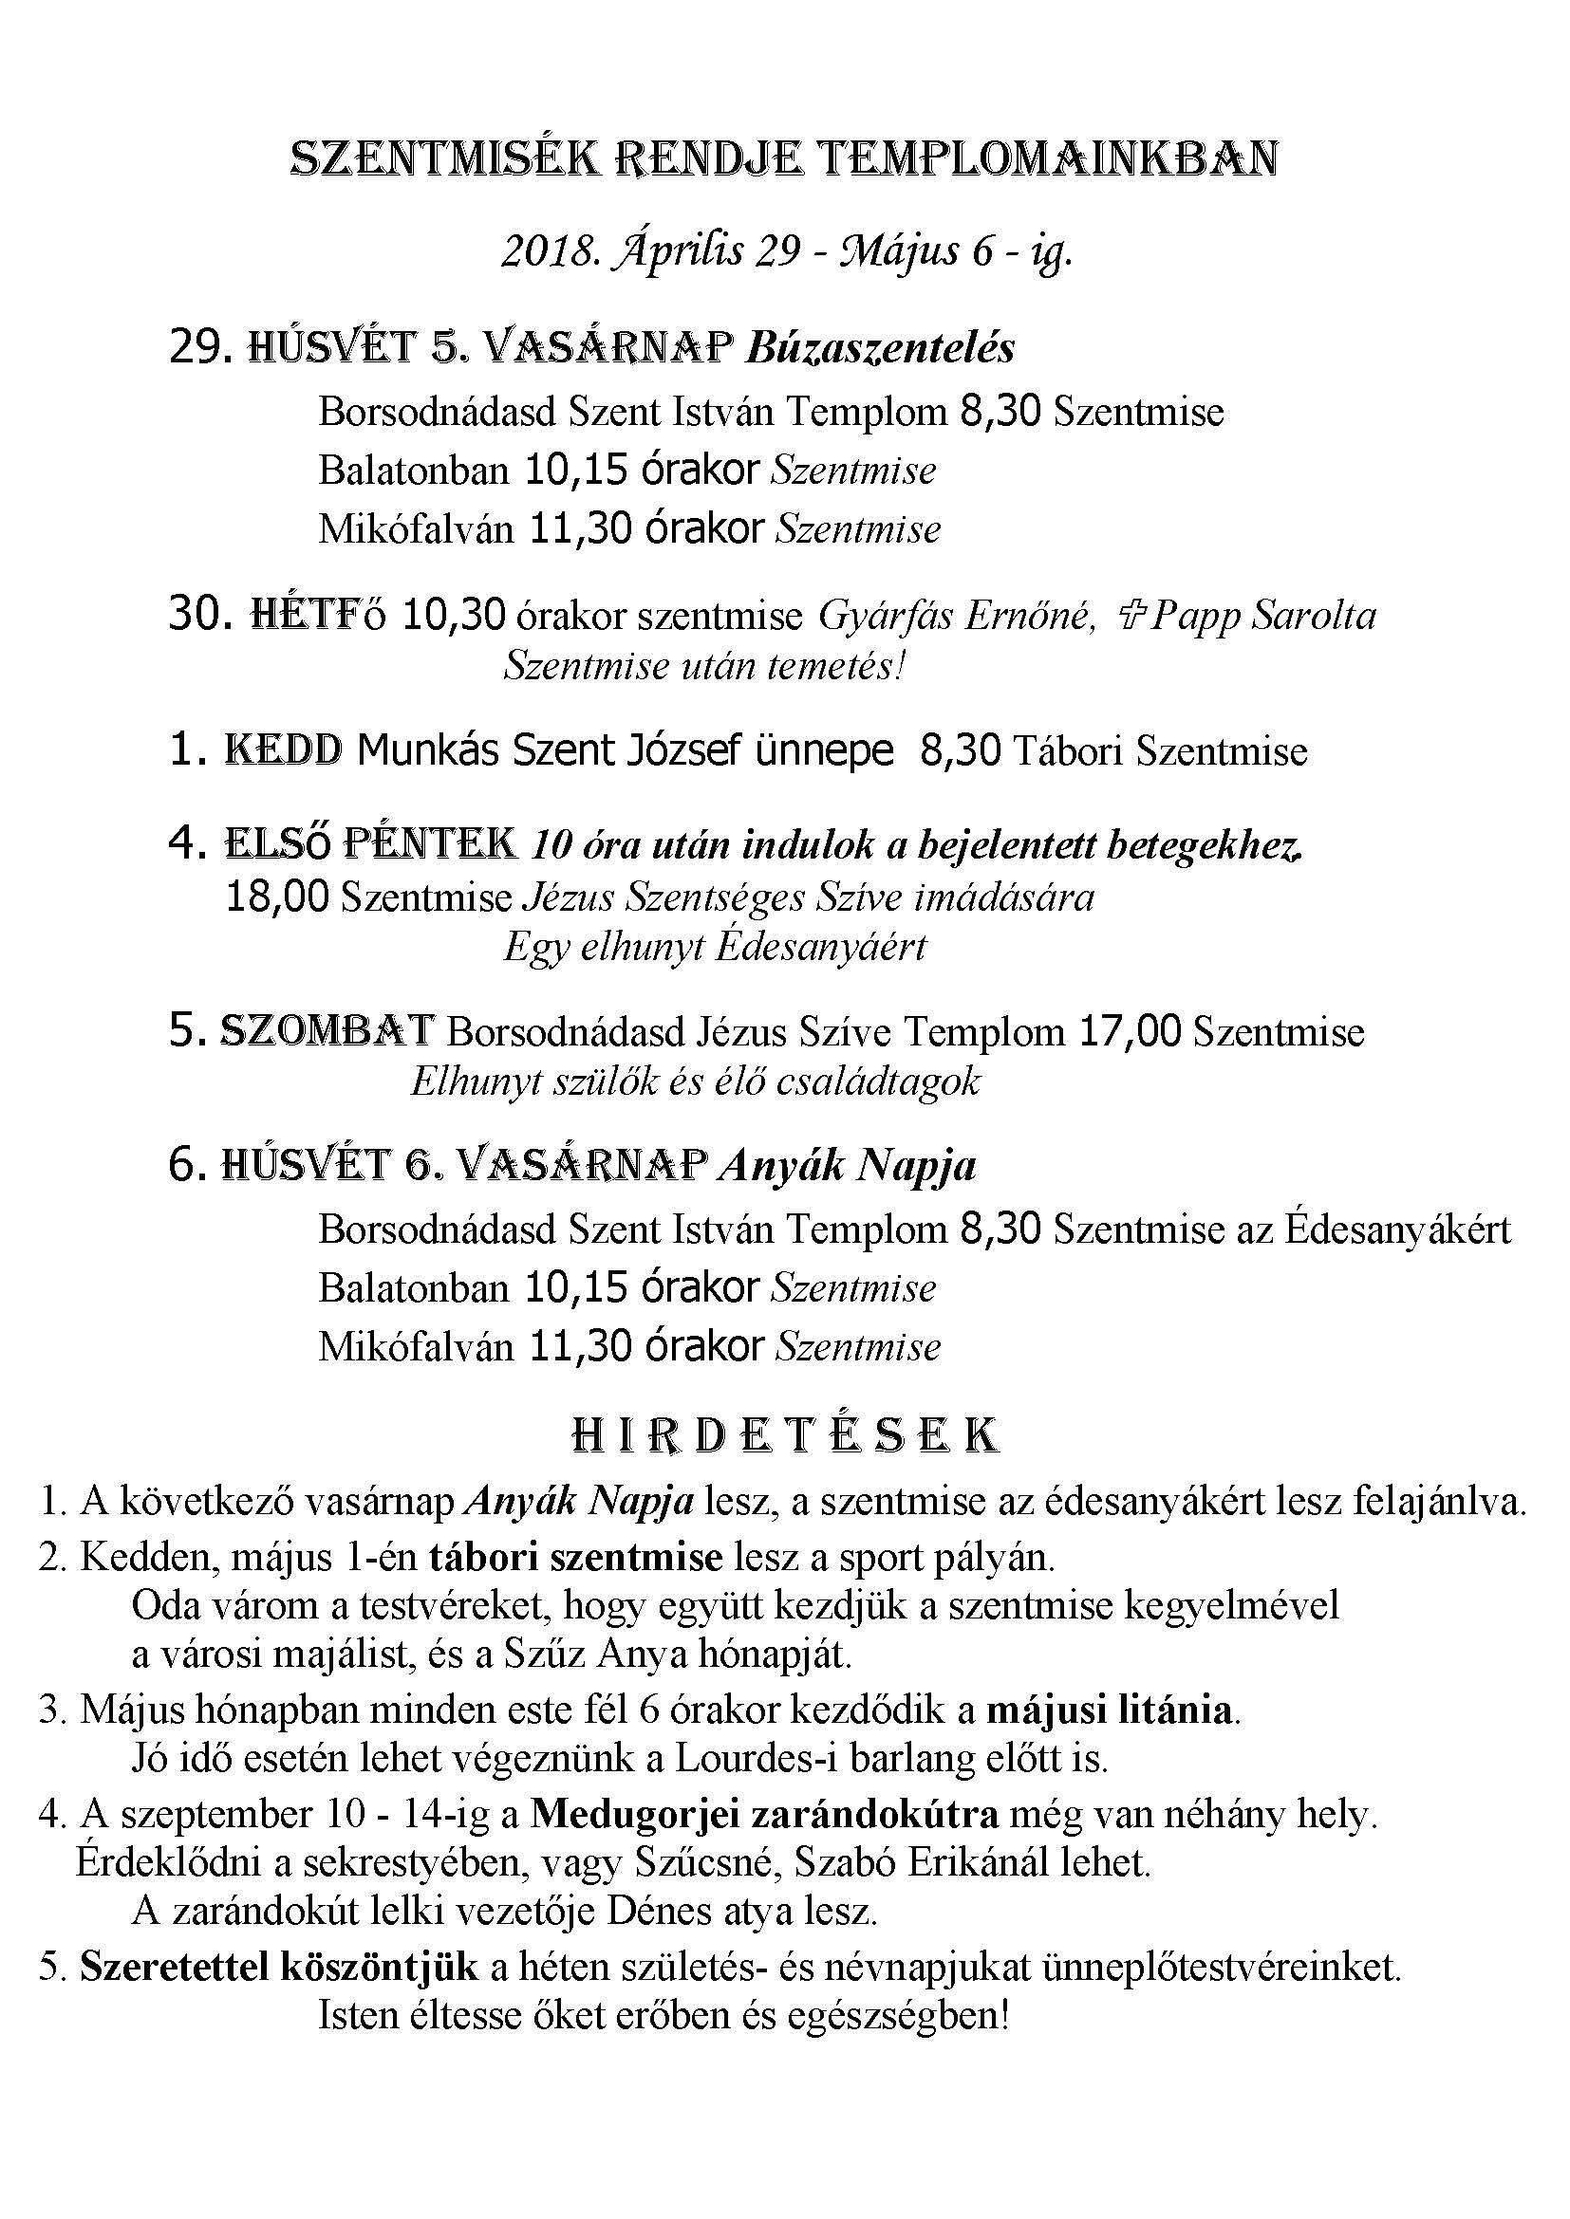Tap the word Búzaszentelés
click(880, 347)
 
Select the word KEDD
click(283, 750)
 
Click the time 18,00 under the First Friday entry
click(277, 897)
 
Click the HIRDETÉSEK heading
click(785, 1437)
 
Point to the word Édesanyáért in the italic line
click(821, 946)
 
